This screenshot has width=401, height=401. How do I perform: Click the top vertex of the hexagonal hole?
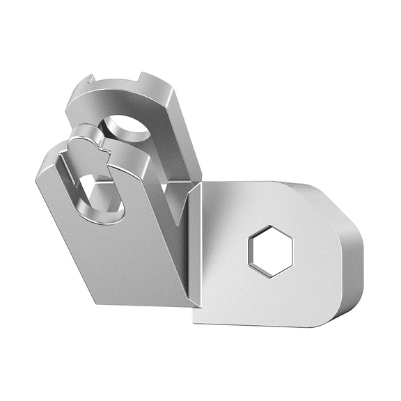[x=269, y=226]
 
